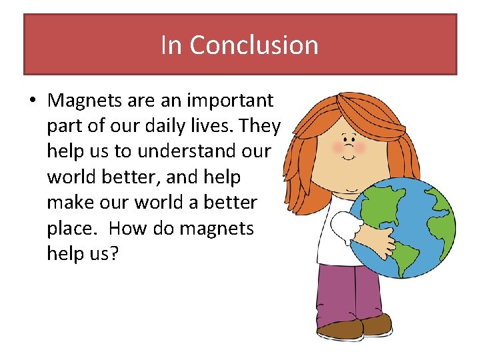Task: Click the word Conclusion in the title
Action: [x=254, y=45]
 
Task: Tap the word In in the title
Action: [x=171, y=45]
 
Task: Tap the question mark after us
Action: [x=113, y=253]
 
